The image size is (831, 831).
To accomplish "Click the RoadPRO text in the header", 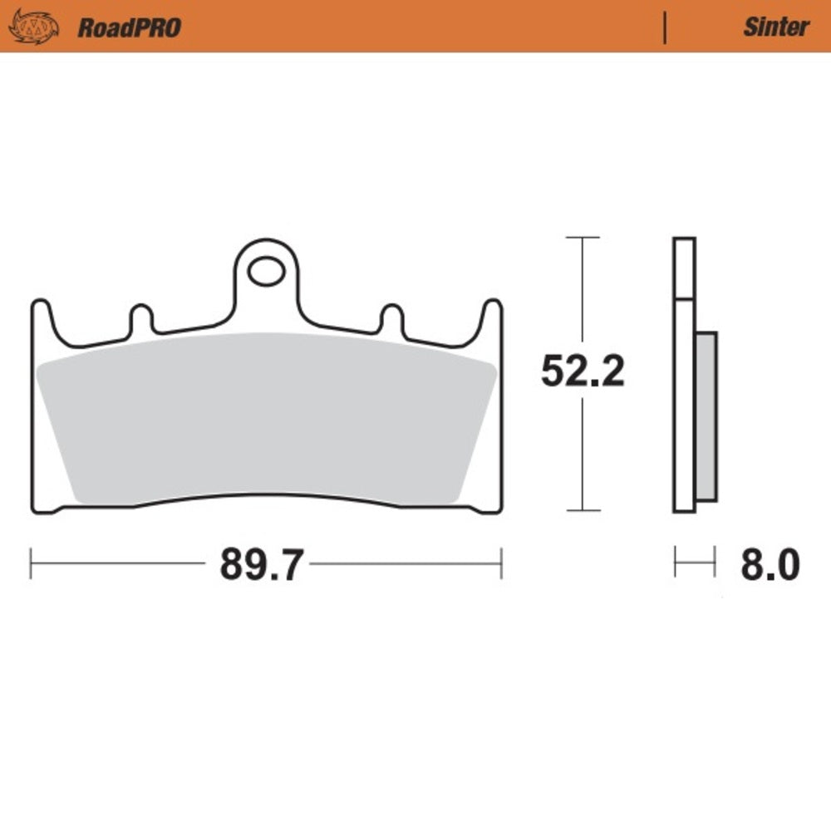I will pyautogui.click(x=129, y=27).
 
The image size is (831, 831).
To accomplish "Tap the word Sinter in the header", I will pyautogui.click(x=775, y=27).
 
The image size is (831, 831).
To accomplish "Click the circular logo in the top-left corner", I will pyautogui.click(x=33, y=27).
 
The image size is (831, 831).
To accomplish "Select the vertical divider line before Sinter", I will pyautogui.click(x=665, y=27).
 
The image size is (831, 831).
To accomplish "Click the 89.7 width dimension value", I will pyautogui.click(x=258, y=565).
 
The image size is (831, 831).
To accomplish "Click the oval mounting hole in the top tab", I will pyautogui.click(x=265, y=270).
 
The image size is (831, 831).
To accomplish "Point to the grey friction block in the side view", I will pyautogui.click(x=706, y=415).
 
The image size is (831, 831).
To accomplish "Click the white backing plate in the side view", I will pyautogui.click(x=684, y=399).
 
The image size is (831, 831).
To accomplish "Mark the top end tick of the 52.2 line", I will pyautogui.click(x=582, y=238).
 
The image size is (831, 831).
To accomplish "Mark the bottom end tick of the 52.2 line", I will pyautogui.click(x=582, y=510).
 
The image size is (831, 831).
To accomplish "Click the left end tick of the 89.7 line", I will pyautogui.click(x=31, y=563).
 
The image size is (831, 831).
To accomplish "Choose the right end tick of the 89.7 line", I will pyautogui.click(x=501, y=563).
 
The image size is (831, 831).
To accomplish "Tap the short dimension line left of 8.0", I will pyautogui.click(x=695, y=563).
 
